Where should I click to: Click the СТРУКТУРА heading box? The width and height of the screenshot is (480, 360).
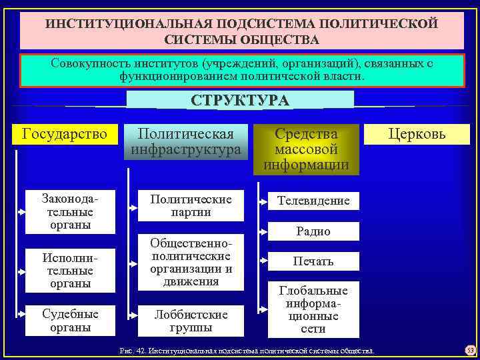(240, 100)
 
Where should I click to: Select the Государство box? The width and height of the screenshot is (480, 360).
(65, 134)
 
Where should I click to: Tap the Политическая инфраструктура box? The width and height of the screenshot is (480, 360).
(185, 141)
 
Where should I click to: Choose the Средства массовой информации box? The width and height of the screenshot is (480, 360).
(306, 149)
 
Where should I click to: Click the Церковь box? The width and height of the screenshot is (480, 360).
(418, 134)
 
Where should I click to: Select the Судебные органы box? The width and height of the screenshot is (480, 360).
(71, 321)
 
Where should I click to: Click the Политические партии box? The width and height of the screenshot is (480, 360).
(191, 205)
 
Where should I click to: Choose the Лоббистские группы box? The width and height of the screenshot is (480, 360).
(191, 321)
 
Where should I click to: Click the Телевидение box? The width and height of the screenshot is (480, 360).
(313, 201)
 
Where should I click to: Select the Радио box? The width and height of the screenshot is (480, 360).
(313, 231)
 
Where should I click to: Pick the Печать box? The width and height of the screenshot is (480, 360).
(313, 261)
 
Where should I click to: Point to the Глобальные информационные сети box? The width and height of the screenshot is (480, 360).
(313, 310)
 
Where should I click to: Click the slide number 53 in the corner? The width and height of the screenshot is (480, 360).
(468, 350)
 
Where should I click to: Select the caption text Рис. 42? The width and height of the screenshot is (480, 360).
(132, 350)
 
